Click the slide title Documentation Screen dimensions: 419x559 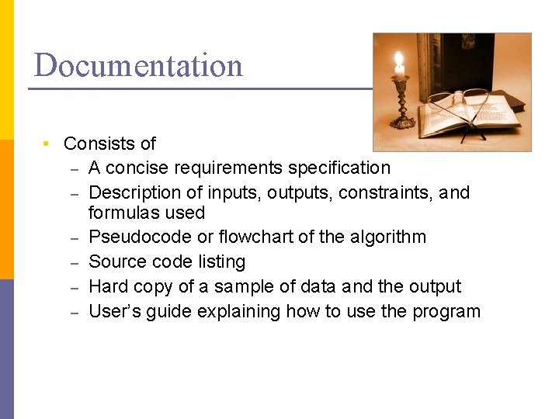coord(138,65)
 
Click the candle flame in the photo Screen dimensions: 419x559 coord(399,61)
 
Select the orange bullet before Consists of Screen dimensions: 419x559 coord(47,144)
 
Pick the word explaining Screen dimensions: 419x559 coord(239,312)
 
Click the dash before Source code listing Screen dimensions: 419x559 coord(74,262)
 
